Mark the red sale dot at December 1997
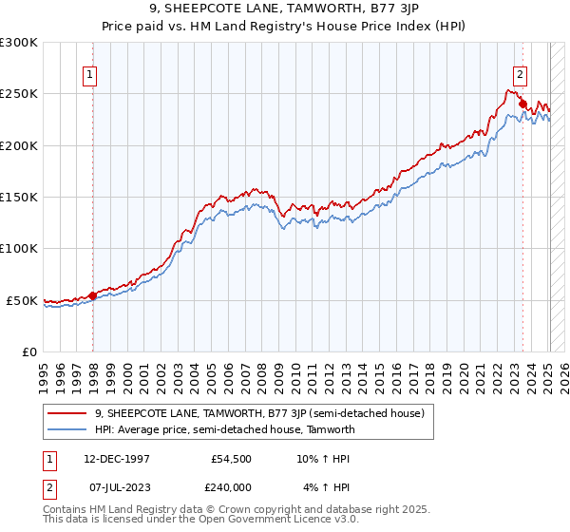click(x=92, y=295)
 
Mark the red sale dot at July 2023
click(x=522, y=104)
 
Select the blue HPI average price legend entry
click(x=224, y=429)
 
